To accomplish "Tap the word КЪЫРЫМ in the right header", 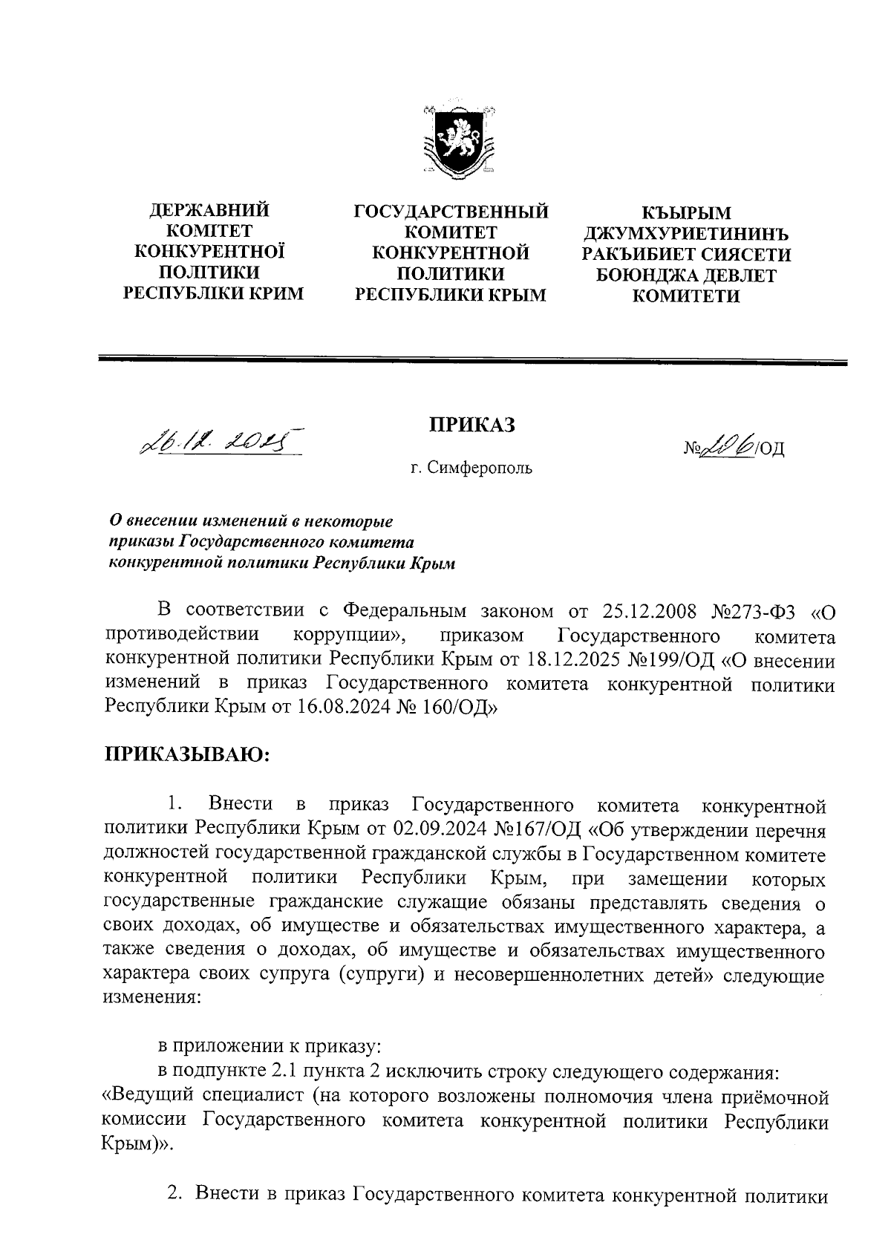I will pos(686,214).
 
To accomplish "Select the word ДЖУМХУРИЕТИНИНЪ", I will pos(686,235).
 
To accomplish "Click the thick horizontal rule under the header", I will pos(473,362).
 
